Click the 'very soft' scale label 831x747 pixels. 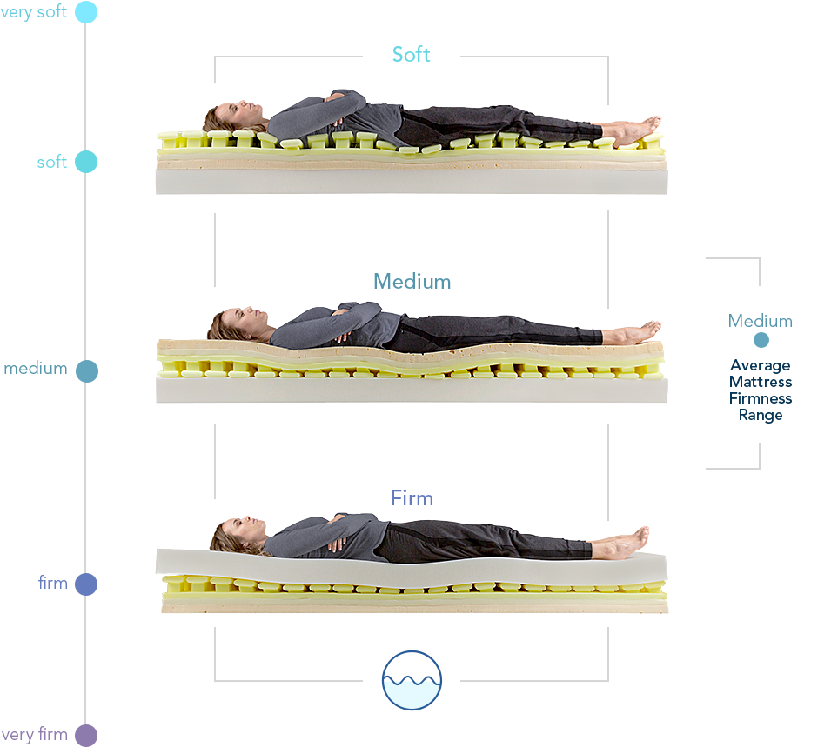point(34,12)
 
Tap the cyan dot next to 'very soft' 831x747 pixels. point(86,12)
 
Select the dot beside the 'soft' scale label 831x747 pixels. point(86,162)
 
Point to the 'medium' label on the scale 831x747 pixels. point(36,368)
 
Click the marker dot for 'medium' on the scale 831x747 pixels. point(86,371)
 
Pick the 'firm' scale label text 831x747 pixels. point(53,583)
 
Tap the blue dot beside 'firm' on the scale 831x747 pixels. point(86,584)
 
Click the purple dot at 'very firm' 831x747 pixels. point(86,736)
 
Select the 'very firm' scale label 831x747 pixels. point(35,735)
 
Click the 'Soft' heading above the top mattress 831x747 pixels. point(411,55)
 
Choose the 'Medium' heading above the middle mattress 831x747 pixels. point(412,282)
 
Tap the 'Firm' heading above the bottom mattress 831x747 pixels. point(412,498)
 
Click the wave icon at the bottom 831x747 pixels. point(412,679)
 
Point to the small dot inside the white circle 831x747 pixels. point(761,341)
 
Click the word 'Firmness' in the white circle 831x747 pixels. point(761,398)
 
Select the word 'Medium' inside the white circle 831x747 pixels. point(761,321)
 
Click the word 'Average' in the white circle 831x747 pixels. point(761,365)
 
